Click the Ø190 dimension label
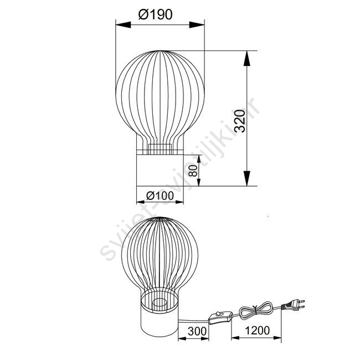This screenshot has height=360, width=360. click(x=155, y=14)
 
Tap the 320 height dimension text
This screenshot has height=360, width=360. click(x=240, y=121)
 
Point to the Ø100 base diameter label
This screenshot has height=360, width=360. click(x=160, y=196)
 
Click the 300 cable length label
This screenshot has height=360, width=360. click(x=197, y=331)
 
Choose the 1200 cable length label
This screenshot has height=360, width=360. click(x=258, y=331)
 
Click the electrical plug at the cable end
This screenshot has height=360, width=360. click(x=294, y=305)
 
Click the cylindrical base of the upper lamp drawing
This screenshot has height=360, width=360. click(x=160, y=170)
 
